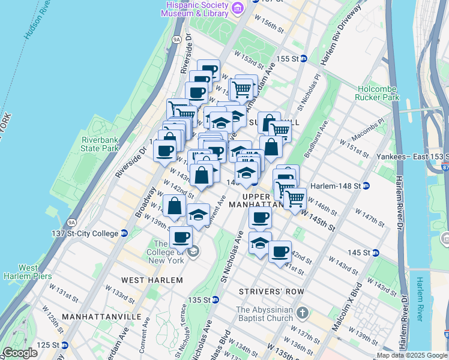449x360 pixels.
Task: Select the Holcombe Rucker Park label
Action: click(x=378, y=92)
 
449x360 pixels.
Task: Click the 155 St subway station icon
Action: click(x=304, y=59)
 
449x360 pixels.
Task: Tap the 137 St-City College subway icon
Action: click(x=124, y=233)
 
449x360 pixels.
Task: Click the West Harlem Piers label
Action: click(x=29, y=272)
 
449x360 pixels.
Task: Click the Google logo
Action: click(x=20, y=353)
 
